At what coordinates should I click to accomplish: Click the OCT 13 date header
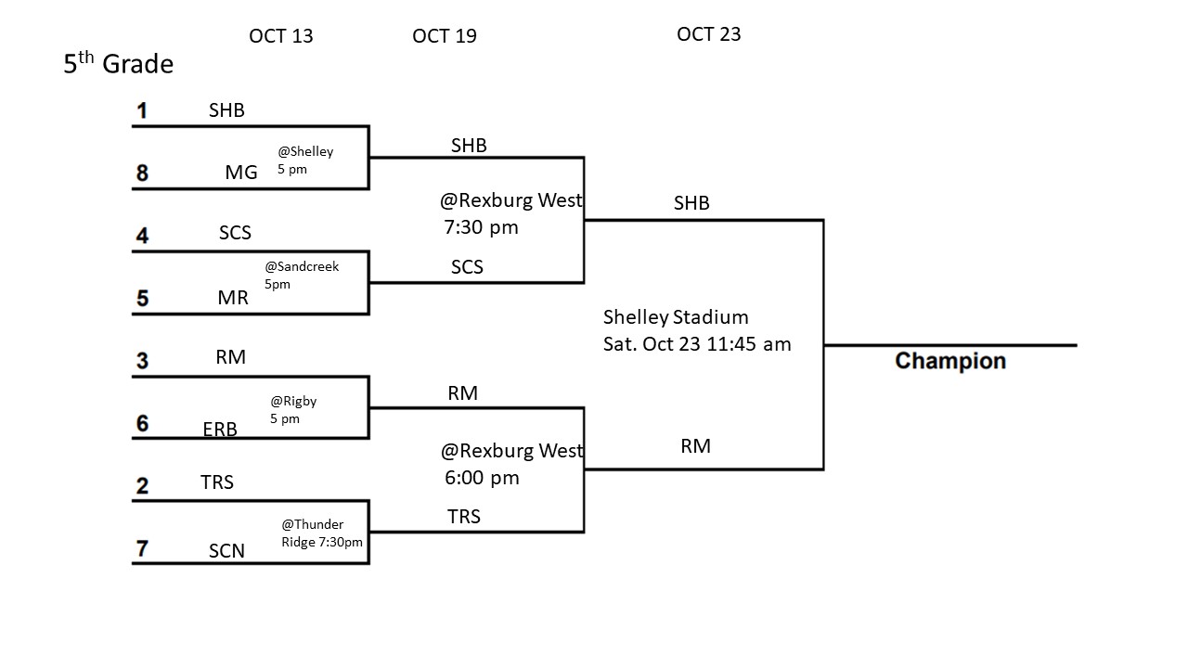pos(280,36)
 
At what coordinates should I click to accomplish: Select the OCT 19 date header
pos(444,36)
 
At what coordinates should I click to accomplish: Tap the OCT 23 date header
pos(708,34)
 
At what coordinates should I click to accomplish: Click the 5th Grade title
pos(118,64)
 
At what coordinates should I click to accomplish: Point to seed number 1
pos(142,111)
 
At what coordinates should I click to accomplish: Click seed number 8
pos(142,173)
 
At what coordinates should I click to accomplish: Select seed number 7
pos(142,548)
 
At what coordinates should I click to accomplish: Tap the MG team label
pos(241,173)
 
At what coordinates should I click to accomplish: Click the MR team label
pos(233,299)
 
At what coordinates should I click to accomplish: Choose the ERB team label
pos(220,429)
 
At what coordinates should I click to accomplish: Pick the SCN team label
pos(226,551)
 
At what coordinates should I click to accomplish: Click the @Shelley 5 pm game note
pos(304,161)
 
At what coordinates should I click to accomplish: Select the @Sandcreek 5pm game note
pos(302,275)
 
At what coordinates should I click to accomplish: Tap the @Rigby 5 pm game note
pos(293,410)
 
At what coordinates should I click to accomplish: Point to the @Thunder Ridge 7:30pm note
pos(321,533)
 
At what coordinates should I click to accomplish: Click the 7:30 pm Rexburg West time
pos(481,227)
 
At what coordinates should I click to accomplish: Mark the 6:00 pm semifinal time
pos(482,478)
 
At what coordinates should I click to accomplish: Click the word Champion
pos(949,361)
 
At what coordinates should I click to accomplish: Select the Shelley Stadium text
pos(676,317)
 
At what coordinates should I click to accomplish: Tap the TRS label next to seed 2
pos(217,482)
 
